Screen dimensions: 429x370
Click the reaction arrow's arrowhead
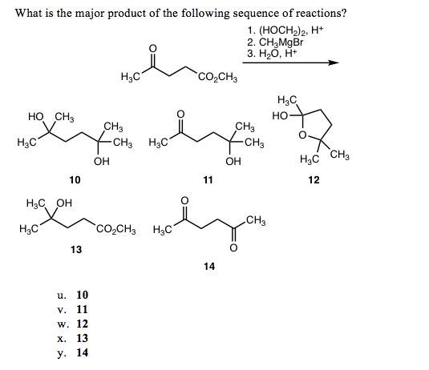[334, 62]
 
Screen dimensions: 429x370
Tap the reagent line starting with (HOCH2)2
[285, 30]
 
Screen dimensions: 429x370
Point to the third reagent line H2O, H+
[272, 54]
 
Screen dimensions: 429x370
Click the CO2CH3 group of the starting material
[218, 78]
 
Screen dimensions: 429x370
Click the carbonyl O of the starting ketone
[152, 48]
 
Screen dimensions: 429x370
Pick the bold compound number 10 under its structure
[75, 180]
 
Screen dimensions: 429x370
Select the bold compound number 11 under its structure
[208, 180]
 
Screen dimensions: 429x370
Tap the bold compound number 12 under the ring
[314, 180]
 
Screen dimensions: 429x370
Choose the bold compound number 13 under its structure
[76, 250]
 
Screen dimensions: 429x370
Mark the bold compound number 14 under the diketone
[209, 267]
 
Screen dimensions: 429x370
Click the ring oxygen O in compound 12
[302, 135]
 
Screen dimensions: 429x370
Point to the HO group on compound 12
[280, 116]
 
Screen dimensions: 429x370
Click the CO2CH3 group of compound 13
[115, 228]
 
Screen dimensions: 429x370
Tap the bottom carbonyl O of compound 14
[233, 247]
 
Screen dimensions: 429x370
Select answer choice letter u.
[62, 296]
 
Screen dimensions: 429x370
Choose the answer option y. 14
[73, 353]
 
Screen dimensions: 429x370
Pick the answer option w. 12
[73, 324]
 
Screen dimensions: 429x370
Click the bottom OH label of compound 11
[233, 162]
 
